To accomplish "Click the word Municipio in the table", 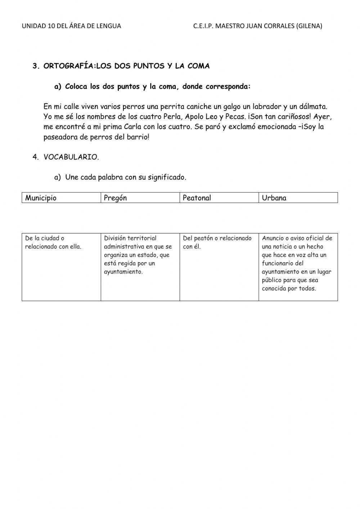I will (41, 198).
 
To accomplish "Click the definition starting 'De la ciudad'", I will (53, 242).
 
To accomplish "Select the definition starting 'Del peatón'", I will (217, 242).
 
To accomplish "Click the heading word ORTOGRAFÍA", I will (67, 66).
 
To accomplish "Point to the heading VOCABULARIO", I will (71, 157).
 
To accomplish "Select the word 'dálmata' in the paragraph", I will (313, 107).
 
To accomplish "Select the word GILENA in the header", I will (309, 26).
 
